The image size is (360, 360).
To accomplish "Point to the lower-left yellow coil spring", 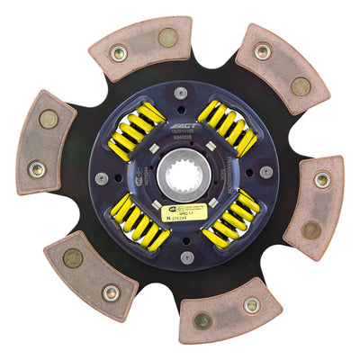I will tap(139, 222).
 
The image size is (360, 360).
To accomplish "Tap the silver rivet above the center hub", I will tap(181, 94).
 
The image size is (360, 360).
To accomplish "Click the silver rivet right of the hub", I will tap(265, 171).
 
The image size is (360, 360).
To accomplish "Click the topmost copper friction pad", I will tap(140, 46).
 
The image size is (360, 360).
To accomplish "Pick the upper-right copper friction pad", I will tap(283, 72).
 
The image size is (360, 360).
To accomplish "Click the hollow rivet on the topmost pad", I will tap(118, 53).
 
